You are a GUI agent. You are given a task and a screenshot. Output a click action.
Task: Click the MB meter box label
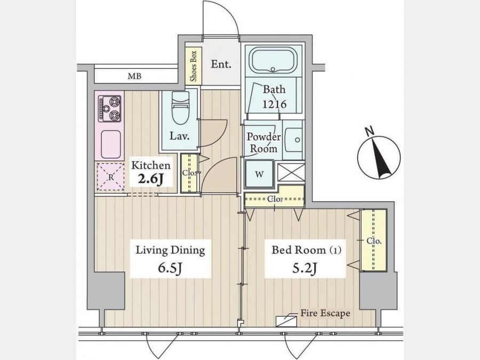pos(134,76)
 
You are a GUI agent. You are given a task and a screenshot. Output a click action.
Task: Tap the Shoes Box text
pos(194,66)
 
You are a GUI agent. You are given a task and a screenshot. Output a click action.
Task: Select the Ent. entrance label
pos(221,65)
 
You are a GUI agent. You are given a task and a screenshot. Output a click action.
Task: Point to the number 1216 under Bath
pos(274,104)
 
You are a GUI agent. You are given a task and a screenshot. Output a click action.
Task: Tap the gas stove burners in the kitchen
pos(109,108)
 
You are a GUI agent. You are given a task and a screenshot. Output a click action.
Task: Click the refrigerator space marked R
pos(110,177)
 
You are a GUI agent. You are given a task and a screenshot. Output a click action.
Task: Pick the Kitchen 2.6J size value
pos(150,179)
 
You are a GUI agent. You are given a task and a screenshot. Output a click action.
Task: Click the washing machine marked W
pos(259,174)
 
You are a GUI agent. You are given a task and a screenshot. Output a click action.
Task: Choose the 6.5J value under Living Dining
pos(170,268)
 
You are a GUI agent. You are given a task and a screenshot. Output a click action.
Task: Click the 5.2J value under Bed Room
pos(305,268)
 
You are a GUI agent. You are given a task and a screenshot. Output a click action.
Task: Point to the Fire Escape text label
pos(325,313)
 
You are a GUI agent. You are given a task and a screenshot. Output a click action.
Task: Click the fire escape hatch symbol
pos(286,322)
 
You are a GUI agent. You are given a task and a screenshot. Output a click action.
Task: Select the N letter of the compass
pos(370,131)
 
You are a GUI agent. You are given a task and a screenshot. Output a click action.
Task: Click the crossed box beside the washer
pos(291,172)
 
